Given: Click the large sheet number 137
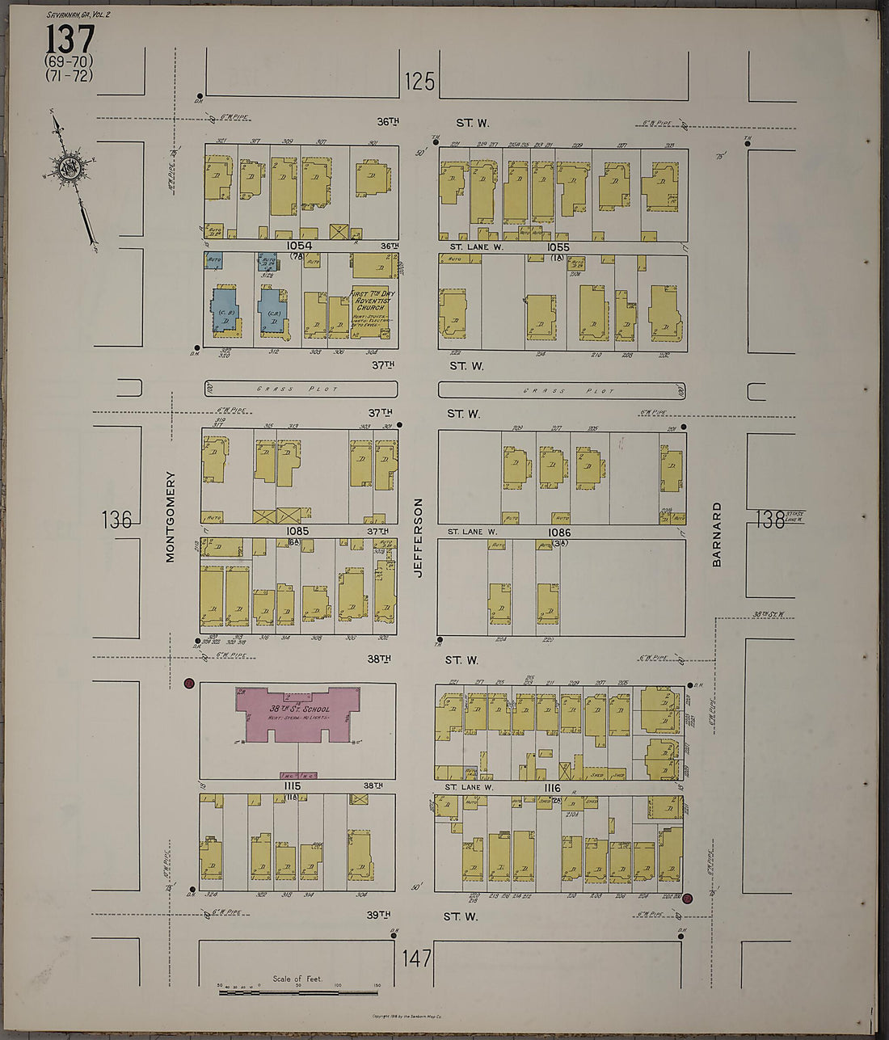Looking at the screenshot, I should point(70,40).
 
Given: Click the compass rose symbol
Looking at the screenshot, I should point(68,169).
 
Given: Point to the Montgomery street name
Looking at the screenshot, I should point(170,516).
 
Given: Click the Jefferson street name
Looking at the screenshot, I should point(418,537).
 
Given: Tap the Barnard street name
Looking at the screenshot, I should point(716,534).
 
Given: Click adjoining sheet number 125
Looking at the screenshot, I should point(419,81).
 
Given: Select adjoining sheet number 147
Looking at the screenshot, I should point(417,958).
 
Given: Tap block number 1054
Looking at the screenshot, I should point(298,246).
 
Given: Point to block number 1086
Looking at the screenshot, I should point(559,532).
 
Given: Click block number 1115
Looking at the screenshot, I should point(292,786).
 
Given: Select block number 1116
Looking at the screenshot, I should point(553,787).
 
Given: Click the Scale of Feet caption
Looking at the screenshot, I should point(297,979).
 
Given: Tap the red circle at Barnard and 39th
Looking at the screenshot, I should point(687,898).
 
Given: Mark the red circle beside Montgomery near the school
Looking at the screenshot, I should point(189,684).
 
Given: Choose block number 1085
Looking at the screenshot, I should point(298,531).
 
